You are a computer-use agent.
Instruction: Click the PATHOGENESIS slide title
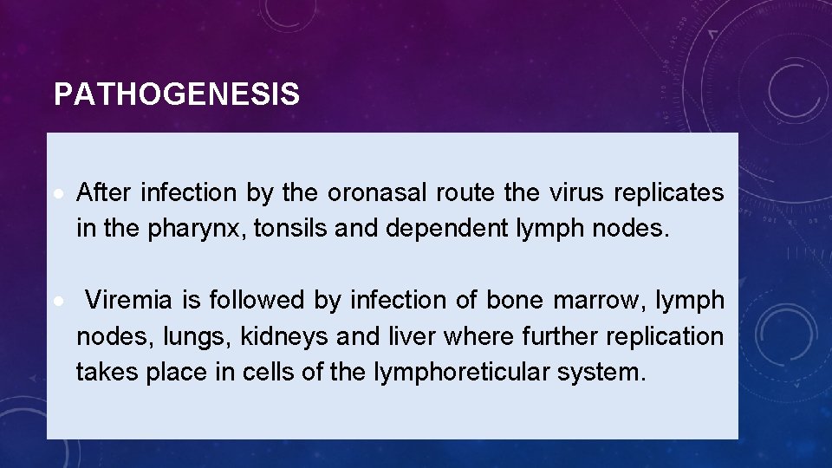click(x=177, y=94)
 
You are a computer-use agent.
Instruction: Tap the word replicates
click(x=669, y=192)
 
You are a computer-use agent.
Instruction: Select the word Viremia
click(x=128, y=301)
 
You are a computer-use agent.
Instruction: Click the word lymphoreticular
click(x=458, y=373)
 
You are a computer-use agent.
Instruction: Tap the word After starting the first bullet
click(x=105, y=192)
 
